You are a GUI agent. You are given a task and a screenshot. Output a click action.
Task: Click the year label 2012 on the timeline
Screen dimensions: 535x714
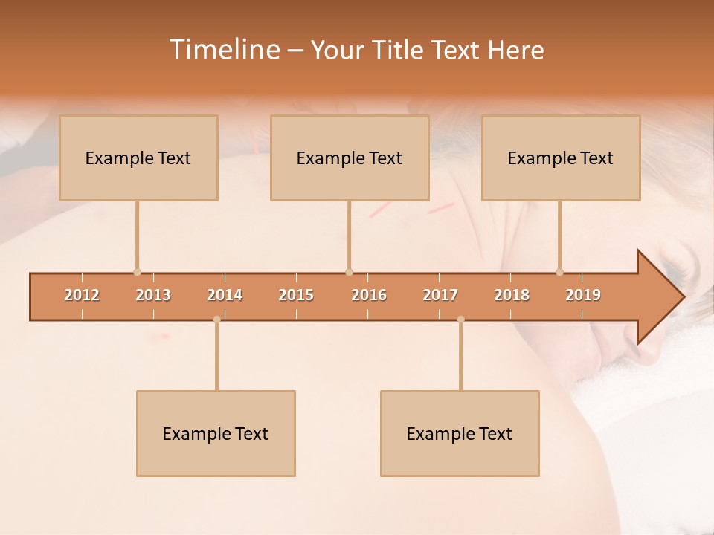point(82,295)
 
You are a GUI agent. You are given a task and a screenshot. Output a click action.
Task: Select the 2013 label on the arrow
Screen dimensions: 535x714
point(153,295)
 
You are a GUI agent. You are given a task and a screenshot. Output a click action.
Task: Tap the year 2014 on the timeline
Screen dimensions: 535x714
point(225,295)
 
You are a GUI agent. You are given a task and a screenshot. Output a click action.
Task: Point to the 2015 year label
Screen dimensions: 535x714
point(296,295)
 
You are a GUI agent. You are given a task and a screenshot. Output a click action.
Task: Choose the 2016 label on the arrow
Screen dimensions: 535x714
point(369,295)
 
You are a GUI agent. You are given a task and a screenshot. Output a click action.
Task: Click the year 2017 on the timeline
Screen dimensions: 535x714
point(440,295)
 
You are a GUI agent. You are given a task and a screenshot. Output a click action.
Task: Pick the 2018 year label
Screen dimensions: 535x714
point(512,295)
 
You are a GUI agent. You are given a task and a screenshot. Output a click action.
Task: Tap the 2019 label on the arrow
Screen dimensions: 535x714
point(583,295)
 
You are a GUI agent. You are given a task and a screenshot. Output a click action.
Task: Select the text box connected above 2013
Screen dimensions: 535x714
point(138,158)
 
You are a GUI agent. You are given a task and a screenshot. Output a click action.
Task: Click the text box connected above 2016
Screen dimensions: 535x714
point(350,158)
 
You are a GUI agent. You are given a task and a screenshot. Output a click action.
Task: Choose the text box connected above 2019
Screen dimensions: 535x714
point(561,158)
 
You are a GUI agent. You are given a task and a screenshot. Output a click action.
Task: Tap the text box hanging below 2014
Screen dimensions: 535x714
point(216,433)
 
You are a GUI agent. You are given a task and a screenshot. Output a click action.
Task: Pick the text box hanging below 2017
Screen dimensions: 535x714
point(460,433)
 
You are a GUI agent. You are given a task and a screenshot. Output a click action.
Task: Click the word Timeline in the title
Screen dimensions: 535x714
point(223,50)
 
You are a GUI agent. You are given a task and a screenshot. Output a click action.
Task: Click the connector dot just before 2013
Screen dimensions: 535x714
point(137,272)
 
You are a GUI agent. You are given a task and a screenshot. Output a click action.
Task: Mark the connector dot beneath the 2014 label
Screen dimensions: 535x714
point(216,320)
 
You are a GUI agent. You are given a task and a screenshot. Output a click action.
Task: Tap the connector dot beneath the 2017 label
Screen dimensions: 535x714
point(460,320)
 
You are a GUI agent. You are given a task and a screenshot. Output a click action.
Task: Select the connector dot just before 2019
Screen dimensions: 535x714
point(559,272)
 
